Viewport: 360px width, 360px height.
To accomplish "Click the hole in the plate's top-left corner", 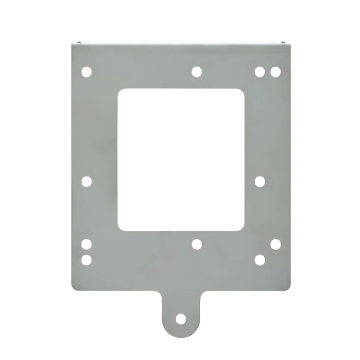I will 87,71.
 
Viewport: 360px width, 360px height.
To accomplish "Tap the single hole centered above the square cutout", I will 197,71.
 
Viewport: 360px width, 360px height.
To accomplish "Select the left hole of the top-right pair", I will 260,71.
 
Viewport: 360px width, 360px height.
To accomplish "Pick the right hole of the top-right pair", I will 275,71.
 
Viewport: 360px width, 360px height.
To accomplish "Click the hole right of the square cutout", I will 260,181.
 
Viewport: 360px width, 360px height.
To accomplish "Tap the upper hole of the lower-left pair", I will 87,244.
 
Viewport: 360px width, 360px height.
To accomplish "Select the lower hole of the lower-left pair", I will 87,259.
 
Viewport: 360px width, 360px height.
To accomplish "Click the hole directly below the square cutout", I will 197,244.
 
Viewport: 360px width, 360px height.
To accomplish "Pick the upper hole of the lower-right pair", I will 275,244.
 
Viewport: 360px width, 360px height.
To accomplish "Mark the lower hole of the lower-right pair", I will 260,259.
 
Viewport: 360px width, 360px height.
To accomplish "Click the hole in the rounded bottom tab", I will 181,319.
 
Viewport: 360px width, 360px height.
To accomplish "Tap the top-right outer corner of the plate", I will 288,42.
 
